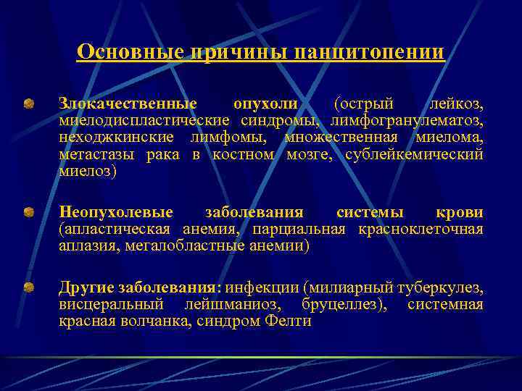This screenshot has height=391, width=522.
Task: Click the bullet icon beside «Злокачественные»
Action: tap(28, 105)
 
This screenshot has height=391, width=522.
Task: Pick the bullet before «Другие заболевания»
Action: tap(28, 288)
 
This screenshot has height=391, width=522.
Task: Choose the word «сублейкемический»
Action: tap(414, 154)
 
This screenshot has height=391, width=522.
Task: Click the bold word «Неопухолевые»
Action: tap(116, 213)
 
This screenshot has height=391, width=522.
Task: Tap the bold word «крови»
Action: tap(459, 213)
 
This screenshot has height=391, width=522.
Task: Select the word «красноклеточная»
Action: tap(420, 230)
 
